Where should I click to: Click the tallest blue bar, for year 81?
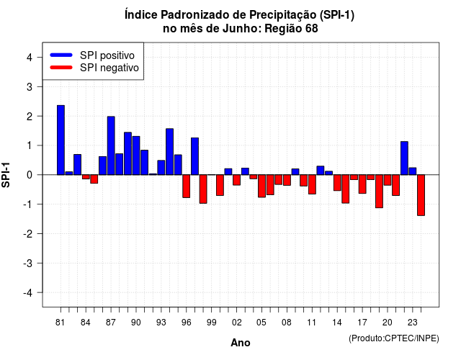coord(61,140)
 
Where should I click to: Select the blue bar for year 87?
coord(111,145)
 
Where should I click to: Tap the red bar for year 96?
coord(186,186)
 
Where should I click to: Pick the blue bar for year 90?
coord(136,156)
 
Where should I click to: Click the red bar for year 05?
coord(261,186)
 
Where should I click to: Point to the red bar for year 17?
coord(362,184)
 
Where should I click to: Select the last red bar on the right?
coord(421,195)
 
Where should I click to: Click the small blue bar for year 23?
coord(413,171)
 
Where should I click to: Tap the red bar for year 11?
coord(312,184)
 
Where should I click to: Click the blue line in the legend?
coord(61,55)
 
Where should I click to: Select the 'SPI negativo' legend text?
coord(109,68)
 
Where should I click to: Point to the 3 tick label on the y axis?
coord(30,86)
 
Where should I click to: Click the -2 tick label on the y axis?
coord(27,233)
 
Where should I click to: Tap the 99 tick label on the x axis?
coord(211,323)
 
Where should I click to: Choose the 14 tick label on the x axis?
coord(337,323)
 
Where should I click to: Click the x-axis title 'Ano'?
coord(240,343)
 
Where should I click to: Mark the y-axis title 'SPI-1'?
coord(6,175)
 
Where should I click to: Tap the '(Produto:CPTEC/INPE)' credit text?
coord(394,338)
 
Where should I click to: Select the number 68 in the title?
coord(312,29)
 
